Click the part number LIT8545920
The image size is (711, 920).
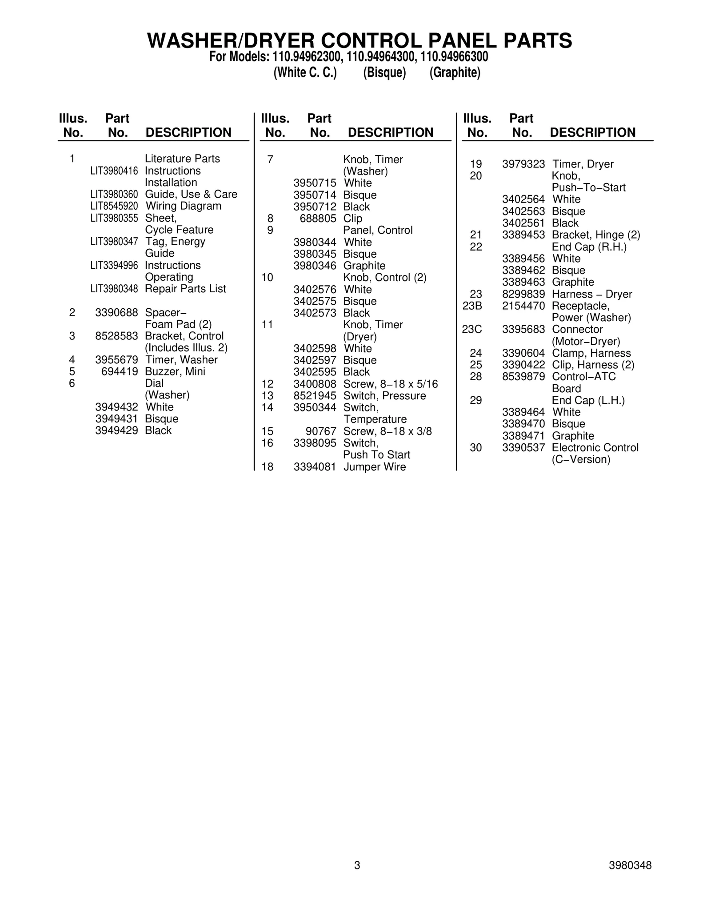pos(114,206)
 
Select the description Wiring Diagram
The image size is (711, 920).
pos(183,206)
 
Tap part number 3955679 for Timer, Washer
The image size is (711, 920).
pos(116,360)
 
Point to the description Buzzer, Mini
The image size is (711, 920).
pos(175,371)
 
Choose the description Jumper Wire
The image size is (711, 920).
pos(374,467)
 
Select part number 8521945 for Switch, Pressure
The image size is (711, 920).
pos(315,396)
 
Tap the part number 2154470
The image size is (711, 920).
pos(523,306)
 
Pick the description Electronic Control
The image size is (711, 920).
pos(595,448)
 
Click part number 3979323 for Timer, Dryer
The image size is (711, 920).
pos(523,164)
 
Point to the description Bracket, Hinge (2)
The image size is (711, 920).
pos(595,235)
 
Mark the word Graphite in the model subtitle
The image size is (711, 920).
pos(455,73)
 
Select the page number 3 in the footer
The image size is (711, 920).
pos(357,865)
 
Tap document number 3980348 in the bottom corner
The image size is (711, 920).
pos(630,865)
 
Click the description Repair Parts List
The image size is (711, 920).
pos(185,289)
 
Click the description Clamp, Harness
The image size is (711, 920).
pos(591,353)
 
